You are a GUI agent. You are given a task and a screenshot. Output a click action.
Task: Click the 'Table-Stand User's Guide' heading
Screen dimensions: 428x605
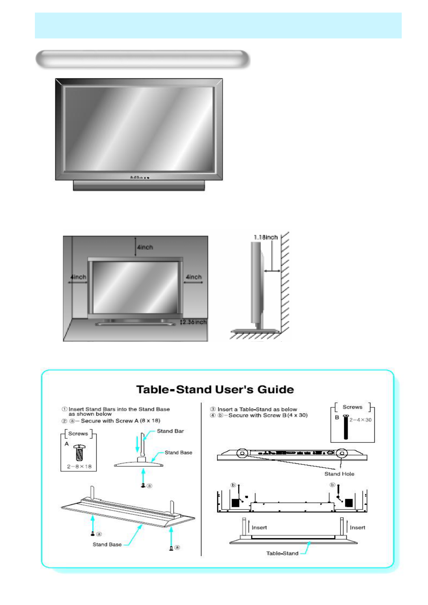pos(215,389)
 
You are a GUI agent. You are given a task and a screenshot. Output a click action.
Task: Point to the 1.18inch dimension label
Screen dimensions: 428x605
pos(265,237)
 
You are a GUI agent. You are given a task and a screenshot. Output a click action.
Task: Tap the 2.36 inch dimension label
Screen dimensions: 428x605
pos(194,322)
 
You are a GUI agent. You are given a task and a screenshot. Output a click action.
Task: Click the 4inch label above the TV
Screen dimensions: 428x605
pos(145,247)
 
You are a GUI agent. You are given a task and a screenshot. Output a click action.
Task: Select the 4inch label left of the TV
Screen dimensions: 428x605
pos(78,277)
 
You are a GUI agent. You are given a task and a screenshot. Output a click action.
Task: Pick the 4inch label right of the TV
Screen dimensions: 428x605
pos(193,277)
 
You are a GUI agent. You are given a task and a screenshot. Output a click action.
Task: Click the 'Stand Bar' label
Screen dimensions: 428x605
pos(170,431)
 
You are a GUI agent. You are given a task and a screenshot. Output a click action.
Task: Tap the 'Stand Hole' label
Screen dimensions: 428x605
pos(339,474)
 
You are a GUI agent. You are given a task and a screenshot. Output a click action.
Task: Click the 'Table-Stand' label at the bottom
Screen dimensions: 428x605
pos(282,553)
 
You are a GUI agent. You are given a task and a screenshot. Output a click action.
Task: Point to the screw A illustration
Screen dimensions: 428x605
pos(79,453)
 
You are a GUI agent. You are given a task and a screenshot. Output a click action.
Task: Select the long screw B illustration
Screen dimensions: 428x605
pos(346,428)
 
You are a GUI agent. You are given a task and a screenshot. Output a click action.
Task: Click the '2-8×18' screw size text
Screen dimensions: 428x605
pos(79,466)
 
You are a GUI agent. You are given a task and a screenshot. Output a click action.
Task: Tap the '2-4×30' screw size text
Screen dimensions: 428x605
pos(360,420)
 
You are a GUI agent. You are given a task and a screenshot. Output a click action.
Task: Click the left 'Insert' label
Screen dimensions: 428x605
pos(259,527)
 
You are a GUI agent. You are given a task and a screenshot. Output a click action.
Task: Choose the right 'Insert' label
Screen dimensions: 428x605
pos(357,527)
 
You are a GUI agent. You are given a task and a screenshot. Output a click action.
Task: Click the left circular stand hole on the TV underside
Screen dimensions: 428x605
pos(242,453)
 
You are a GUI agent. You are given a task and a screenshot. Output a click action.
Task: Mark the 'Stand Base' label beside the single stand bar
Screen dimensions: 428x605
pos(178,453)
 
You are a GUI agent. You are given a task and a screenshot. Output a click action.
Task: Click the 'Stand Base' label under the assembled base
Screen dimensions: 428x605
pos(107,544)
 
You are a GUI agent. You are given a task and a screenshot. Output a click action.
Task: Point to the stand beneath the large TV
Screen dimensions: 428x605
pos(139,185)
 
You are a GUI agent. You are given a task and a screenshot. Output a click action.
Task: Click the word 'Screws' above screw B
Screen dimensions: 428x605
pos(352,407)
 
